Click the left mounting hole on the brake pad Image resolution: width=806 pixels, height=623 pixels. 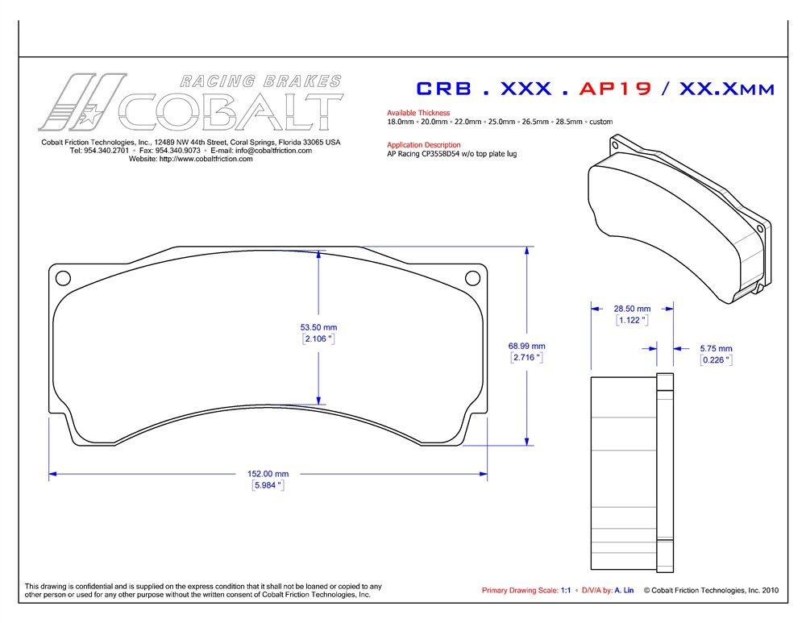(63, 278)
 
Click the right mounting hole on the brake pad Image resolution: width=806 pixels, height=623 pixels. (472, 278)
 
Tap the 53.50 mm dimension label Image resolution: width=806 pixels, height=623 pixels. (318, 327)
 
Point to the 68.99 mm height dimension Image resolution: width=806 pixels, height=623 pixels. (527, 346)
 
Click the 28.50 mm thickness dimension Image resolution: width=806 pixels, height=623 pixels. (633, 308)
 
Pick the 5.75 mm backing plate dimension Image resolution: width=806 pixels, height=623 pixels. (716, 348)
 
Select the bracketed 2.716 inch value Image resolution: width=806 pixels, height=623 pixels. (527, 357)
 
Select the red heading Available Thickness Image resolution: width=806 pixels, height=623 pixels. (418, 113)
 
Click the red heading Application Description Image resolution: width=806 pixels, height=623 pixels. (424, 145)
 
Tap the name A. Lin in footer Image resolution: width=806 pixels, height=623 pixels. (624, 590)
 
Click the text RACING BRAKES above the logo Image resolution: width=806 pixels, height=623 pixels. (260, 81)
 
